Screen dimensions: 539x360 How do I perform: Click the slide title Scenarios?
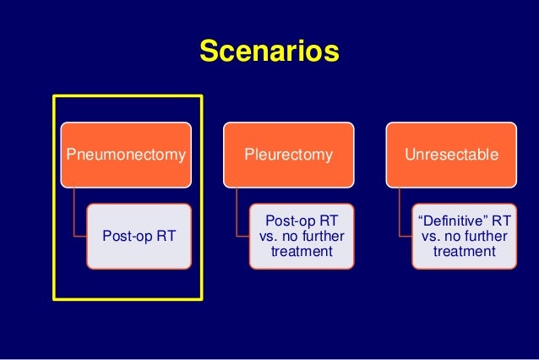point(269,52)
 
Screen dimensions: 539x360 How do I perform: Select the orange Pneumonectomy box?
point(126,155)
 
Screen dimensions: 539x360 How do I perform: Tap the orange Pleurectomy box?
point(288,155)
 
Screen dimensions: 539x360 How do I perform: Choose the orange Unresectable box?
point(450,155)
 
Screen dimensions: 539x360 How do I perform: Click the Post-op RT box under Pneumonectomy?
point(139,236)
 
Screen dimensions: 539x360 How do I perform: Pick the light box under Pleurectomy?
point(302,236)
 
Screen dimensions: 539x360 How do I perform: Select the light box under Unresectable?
point(464,236)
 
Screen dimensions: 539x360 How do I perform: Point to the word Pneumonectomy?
point(126,155)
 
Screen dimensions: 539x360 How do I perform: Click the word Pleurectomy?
point(288,155)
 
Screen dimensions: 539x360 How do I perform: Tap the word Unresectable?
point(450,155)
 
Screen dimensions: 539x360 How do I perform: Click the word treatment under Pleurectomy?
point(302,252)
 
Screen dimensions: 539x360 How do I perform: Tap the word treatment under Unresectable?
point(464,252)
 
